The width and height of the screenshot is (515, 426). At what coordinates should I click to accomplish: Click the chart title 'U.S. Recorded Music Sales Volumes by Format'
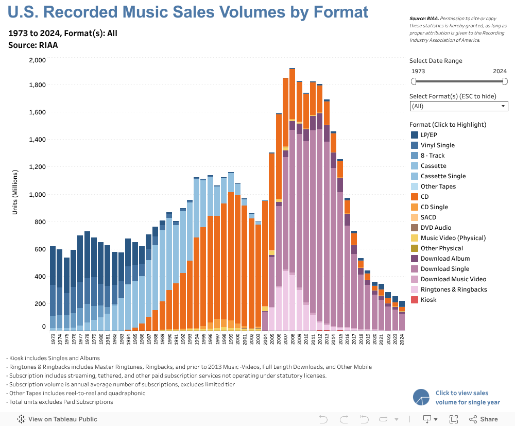click(x=188, y=12)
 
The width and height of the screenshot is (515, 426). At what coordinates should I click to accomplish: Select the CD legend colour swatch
click(x=414, y=197)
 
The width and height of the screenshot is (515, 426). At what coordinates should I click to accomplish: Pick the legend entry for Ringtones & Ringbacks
click(x=453, y=289)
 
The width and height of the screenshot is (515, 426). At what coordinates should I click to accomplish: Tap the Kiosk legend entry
click(x=428, y=300)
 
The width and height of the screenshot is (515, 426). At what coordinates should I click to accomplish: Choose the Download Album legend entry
click(x=445, y=259)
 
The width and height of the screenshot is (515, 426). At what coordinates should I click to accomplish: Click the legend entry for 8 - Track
click(x=432, y=156)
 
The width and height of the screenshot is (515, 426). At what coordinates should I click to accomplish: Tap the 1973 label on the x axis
click(x=53, y=338)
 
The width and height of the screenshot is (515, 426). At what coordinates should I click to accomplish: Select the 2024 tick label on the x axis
click(x=402, y=338)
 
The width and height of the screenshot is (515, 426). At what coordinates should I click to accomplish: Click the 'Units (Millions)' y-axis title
click(x=15, y=192)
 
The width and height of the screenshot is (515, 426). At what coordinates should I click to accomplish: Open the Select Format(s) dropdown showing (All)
click(x=458, y=106)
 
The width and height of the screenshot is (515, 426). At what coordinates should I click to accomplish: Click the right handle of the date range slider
click(x=505, y=81)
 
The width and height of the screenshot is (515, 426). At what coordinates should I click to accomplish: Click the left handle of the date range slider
click(x=413, y=81)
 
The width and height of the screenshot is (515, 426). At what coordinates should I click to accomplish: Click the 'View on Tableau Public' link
click(x=62, y=419)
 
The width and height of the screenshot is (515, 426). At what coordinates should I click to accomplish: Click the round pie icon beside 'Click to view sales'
click(x=421, y=397)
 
